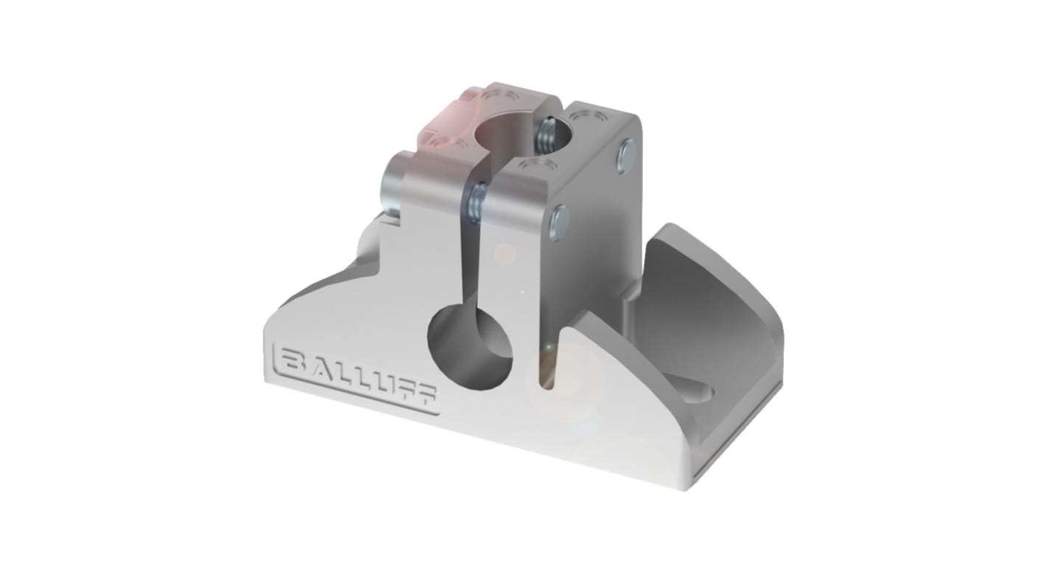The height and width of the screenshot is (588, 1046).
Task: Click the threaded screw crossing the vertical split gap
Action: tap(476, 203)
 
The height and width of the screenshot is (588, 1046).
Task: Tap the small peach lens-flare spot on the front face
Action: tap(505, 255)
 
